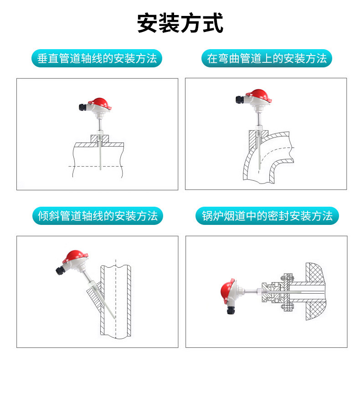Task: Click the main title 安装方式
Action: click(x=180, y=23)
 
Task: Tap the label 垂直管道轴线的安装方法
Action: click(x=97, y=58)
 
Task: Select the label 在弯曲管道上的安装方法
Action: click(x=267, y=58)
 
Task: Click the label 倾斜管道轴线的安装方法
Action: click(x=98, y=216)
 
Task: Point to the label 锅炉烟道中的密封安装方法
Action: click(x=267, y=216)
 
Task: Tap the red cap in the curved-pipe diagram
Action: click(x=259, y=95)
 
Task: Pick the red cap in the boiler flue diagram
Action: click(x=227, y=291)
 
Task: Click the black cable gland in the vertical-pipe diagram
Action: click(x=83, y=107)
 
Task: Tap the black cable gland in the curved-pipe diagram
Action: click(x=241, y=99)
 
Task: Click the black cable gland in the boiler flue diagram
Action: click(x=231, y=310)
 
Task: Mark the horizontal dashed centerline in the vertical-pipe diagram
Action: click(x=95, y=166)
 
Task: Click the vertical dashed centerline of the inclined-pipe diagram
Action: click(x=116, y=299)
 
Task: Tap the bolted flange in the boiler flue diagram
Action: click(x=288, y=293)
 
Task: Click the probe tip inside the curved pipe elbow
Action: click(x=259, y=169)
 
